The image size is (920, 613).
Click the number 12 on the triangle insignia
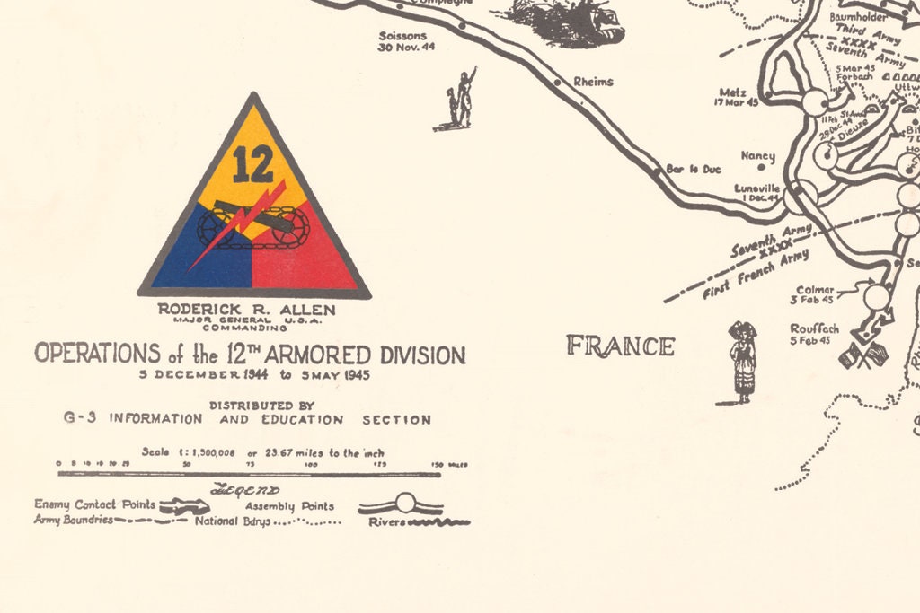click(252, 163)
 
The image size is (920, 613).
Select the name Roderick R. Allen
click(246, 310)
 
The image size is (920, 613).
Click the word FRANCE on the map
click(620, 346)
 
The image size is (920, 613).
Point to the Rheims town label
click(593, 82)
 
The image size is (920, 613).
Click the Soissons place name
click(402, 36)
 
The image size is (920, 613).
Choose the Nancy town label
click(757, 155)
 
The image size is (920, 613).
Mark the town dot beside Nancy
click(761, 166)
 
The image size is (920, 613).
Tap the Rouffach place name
click(814, 328)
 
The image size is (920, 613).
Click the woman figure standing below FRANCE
click(742, 363)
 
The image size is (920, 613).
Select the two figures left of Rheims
click(461, 101)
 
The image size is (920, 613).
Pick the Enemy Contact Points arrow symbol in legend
click(184, 505)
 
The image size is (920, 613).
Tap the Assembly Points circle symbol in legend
click(404, 504)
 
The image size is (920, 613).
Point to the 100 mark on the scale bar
click(312, 464)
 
